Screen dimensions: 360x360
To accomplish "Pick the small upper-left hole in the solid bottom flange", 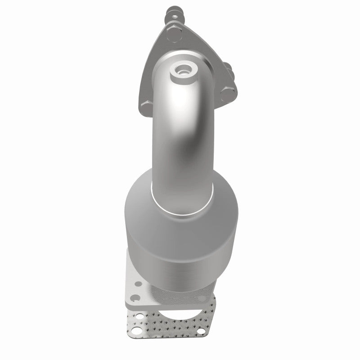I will tap(139, 284).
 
